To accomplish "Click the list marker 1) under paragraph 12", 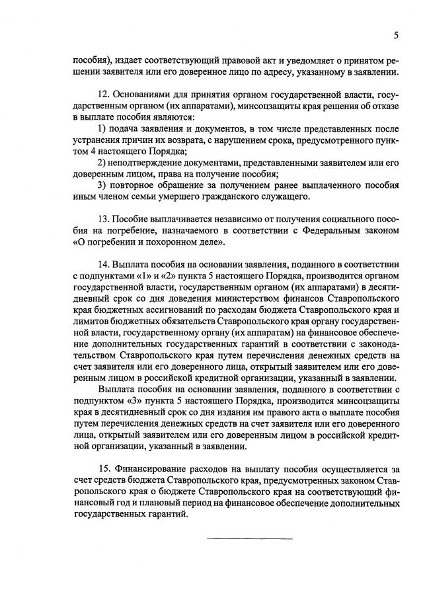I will pos(101,127).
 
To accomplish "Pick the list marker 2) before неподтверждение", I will pos(101,162).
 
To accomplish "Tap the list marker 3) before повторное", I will pos(101,185).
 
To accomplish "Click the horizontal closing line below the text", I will pos(250,538).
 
